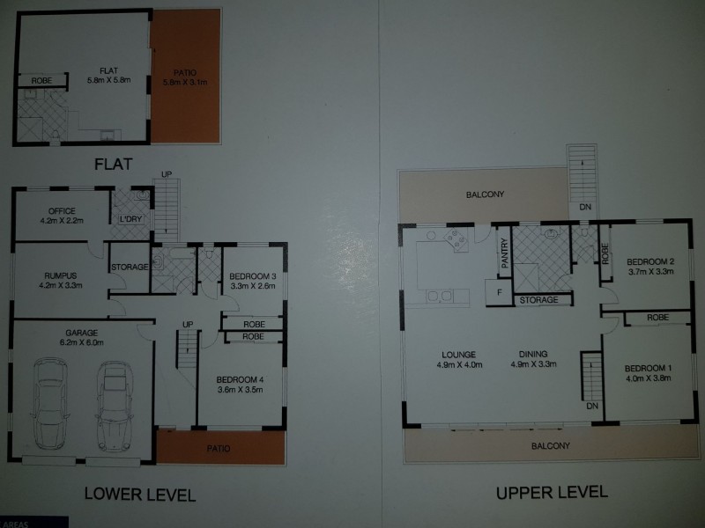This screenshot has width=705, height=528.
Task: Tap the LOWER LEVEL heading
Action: (x=139, y=492)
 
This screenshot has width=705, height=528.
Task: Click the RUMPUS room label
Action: (x=60, y=274)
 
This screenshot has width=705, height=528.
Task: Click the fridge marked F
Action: (x=499, y=291)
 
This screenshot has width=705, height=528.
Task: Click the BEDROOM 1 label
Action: (x=647, y=368)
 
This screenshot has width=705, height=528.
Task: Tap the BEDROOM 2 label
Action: (x=649, y=262)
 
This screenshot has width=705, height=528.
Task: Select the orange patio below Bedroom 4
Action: (x=220, y=448)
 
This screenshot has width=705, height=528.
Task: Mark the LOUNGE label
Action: (x=459, y=356)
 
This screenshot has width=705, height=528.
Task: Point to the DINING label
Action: (x=534, y=356)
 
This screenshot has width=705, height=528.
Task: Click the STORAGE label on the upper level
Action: (x=538, y=300)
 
